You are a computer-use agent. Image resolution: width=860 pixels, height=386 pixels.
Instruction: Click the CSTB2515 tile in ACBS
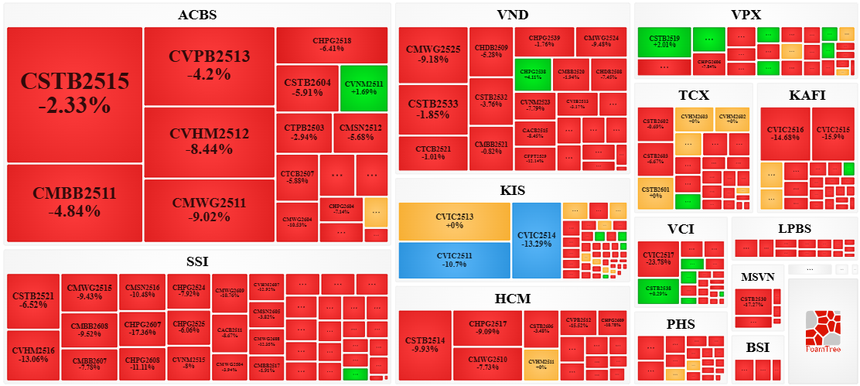click(74, 94)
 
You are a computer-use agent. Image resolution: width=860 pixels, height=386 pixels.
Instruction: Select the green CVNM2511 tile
click(363, 87)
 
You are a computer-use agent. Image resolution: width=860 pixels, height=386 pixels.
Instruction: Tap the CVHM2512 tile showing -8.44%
click(210, 141)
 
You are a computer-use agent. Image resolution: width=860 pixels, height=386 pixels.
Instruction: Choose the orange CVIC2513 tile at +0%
click(455, 221)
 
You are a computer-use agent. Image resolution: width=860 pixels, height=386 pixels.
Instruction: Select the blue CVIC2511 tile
click(455, 260)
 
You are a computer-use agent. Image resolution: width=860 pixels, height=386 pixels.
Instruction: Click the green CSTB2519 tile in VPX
click(664, 41)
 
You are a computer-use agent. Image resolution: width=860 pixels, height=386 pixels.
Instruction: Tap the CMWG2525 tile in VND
click(433, 54)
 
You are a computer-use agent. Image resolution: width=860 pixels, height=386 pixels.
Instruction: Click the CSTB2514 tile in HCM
click(425, 345)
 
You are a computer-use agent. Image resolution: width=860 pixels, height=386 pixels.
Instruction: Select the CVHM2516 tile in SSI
click(33, 355)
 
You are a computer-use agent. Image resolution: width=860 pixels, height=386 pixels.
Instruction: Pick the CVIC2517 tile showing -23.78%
click(657, 259)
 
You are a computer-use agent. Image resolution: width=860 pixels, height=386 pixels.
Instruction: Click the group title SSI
click(197, 262)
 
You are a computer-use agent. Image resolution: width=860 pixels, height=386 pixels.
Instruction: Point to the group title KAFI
click(807, 96)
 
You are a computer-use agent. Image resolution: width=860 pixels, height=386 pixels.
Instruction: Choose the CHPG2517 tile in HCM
click(488, 328)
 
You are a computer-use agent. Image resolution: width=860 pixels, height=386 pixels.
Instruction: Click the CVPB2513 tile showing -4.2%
click(210, 65)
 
